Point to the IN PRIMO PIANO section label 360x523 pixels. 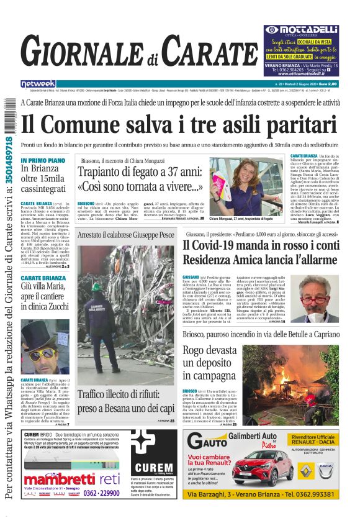point(43,160)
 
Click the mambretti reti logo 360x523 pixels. point(62,478)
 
